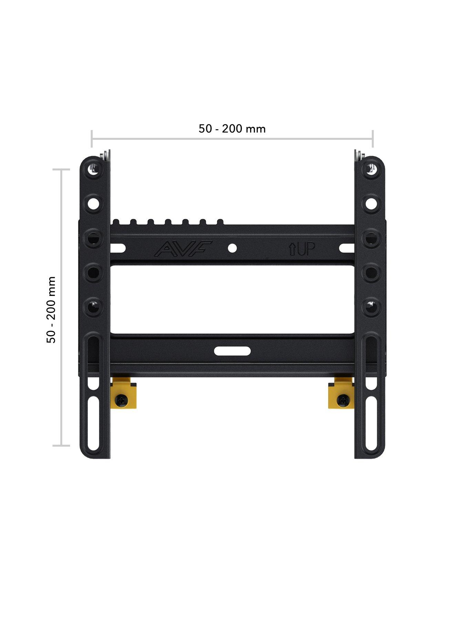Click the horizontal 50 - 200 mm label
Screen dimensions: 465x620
click(232, 129)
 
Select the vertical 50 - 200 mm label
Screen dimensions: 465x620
click(51, 309)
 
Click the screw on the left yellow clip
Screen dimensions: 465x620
click(123, 400)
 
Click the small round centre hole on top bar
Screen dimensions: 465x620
click(232, 248)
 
